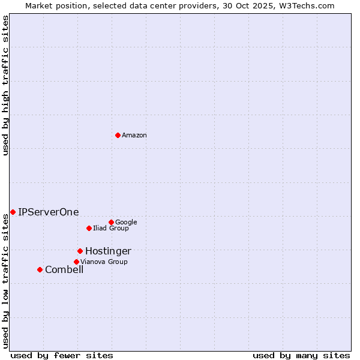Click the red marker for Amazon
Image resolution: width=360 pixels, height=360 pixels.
pyautogui.click(x=118, y=135)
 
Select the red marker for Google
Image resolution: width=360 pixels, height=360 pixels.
pyautogui.click(x=111, y=222)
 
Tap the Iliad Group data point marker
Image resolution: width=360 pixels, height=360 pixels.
pyautogui.click(x=89, y=228)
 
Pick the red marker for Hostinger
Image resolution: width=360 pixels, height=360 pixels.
pyautogui.click(x=80, y=251)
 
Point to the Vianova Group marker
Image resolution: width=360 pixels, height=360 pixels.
pyautogui.click(x=76, y=262)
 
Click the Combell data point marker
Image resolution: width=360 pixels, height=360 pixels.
pyautogui.click(x=40, y=269)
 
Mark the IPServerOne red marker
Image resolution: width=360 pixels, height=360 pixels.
pyautogui.click(x=13, y=212)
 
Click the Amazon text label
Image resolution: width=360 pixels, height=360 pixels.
pyautogui.click(x=134, y=136)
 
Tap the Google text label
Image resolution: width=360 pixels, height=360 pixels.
pyautogui.click(x=126, y=223)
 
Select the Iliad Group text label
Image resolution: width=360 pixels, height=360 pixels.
pyautogui.click(x=111, y=229)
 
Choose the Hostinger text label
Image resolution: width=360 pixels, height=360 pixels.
pyautogui.click(x=108, y=251)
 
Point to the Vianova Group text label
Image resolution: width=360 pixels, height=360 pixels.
pyautogui.click(x=104, y=262)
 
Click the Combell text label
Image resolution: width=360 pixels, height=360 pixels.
pyautogui.click(x=64, y=270)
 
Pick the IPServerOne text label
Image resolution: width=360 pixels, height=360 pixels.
pyautogui.click(x=49, y=212)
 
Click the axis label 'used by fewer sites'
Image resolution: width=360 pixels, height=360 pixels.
pyautogui.click(x=62, y=355)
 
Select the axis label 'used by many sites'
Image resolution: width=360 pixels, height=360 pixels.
pyautogui.click(x=301, y=355)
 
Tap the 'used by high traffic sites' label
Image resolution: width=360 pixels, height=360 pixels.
pyautogui.click(x=5, y=85)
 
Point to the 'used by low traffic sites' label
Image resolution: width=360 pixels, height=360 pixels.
pyautogui.click(x=5, y=281)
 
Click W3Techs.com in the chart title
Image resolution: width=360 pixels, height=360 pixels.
pyautogui.click(x=312, y=5)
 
